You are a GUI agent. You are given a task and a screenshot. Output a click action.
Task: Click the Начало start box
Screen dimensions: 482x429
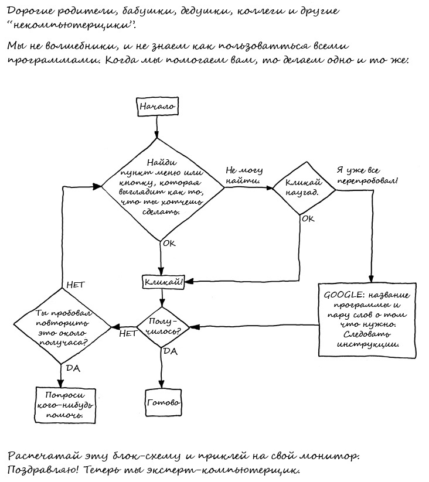click(x=157, y=107)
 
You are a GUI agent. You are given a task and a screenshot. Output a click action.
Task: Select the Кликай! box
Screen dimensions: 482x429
click(x=164, y=282)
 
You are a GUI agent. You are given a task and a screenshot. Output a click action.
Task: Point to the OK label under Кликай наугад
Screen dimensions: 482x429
click(x=308, y=218)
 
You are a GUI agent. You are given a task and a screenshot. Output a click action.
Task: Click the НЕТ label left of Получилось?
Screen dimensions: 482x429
click(x=128, y=333)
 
